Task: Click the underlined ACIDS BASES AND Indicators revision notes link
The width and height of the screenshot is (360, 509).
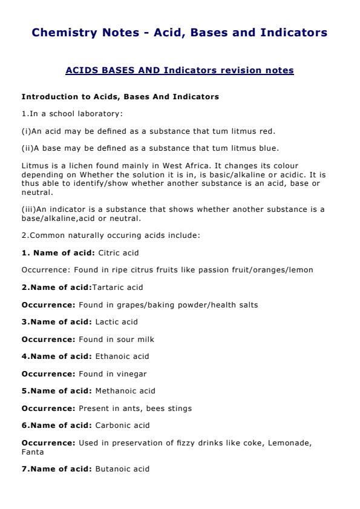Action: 179,71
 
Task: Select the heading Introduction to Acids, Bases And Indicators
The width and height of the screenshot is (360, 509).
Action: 120,97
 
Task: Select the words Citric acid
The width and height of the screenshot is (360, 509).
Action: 118,252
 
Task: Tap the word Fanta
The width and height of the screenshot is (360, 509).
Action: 31,452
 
